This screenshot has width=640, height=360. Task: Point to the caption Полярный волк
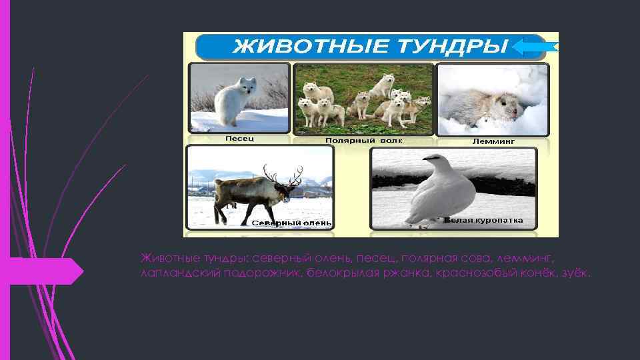[364, 141]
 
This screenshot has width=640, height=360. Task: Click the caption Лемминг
[493, 141]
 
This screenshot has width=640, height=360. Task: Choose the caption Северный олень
[291, 223]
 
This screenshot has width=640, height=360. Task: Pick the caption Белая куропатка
[483, 220]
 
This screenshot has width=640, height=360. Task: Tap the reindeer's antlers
[283, 175]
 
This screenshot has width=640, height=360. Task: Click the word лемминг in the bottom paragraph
[526, 257]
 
